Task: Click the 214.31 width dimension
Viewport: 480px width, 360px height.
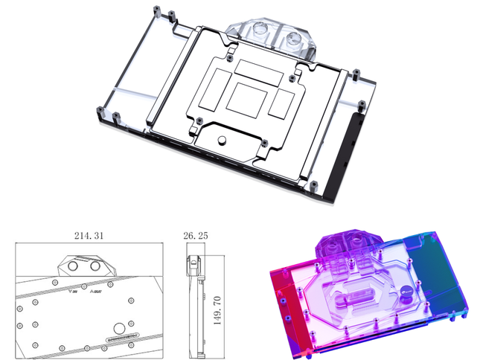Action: coord(90,236)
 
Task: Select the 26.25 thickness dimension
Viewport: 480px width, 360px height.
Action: coord(196,236)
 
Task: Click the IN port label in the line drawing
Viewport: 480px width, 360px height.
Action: coord(71,291)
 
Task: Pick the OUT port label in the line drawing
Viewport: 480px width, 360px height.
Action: coord(95,291)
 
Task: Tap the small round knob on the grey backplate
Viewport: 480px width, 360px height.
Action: coord(221,139)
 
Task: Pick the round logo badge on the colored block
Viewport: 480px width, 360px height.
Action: coord(406,292)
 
